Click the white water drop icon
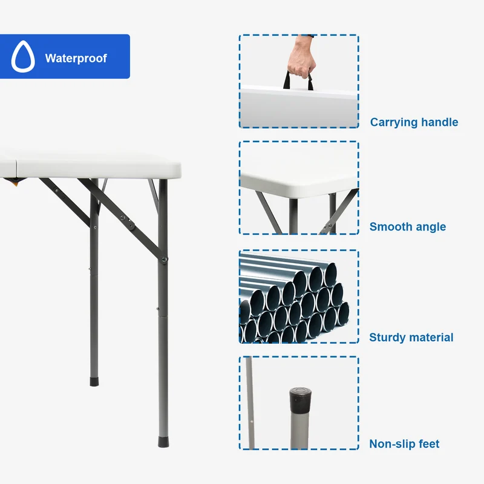(x=23, y=56)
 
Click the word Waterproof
(x=76, y=58)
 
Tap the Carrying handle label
(x=414, y=122)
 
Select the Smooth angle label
(x=407, y=227)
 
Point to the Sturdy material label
(x=411, y=338)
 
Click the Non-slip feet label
(x=404, y=444)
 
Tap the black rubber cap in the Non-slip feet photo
(x=300, y=399)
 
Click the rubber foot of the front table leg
(x=163, y=442)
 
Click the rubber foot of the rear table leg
(x=94, y=382)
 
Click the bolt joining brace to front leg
(x=165, y=260)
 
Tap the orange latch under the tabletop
(x=15, y=183)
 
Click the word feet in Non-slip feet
(x=429, y=444)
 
